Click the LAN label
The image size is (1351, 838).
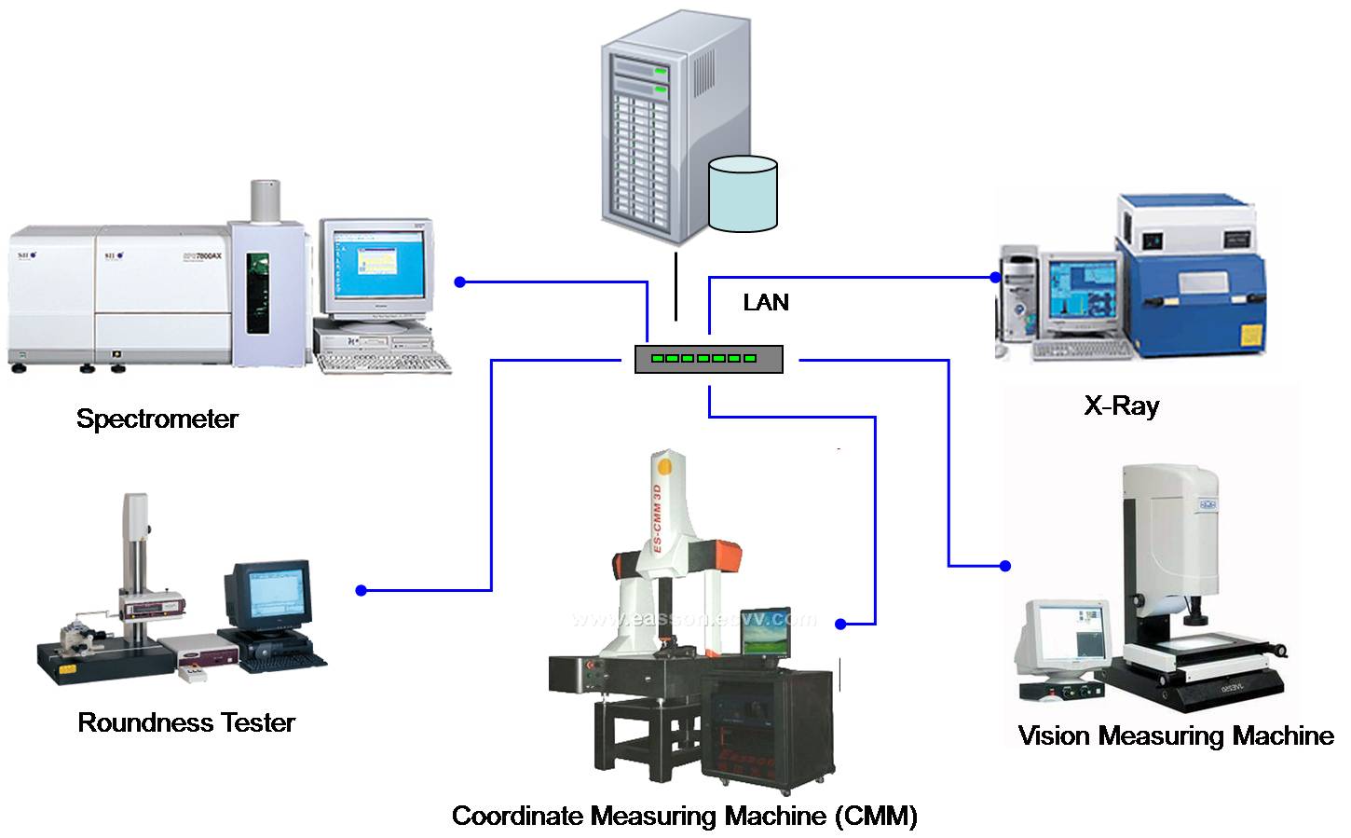(x=766, y=302)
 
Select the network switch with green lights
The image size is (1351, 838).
(x=708, y=359)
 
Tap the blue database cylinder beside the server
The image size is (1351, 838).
(x=743, y=194)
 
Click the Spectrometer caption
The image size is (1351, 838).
(x=157, y=419)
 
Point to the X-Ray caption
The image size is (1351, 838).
(x=1122, y=405)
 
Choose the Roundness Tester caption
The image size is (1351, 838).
(x=186, y=722)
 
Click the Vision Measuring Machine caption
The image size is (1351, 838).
(x=1176, y=735)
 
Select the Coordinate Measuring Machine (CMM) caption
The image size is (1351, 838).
(x=685, y=817)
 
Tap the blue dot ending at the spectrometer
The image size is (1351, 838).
(x=458, y=282)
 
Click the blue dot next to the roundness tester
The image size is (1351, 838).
(x=362, y=590)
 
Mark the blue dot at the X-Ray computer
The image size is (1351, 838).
(x=995, y=277)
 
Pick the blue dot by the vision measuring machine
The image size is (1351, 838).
(x=1004, y=566)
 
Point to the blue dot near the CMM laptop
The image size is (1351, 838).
(x=840, y=624)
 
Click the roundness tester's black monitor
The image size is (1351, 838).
(x=268, y=594)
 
